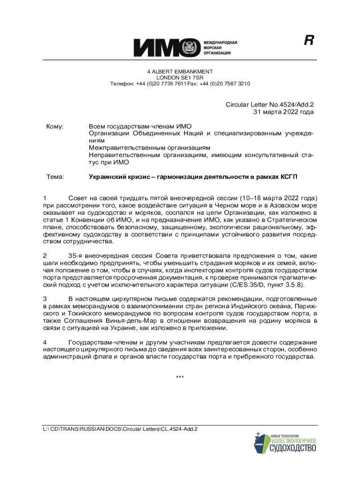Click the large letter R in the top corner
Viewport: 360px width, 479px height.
308,41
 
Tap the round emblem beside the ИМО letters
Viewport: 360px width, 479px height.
191,48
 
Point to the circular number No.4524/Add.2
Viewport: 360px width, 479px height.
287,105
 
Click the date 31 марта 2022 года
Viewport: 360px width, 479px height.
283,112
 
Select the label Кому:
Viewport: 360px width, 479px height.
55,127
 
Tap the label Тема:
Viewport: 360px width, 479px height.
55,177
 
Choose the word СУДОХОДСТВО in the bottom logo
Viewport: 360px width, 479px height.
293,449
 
